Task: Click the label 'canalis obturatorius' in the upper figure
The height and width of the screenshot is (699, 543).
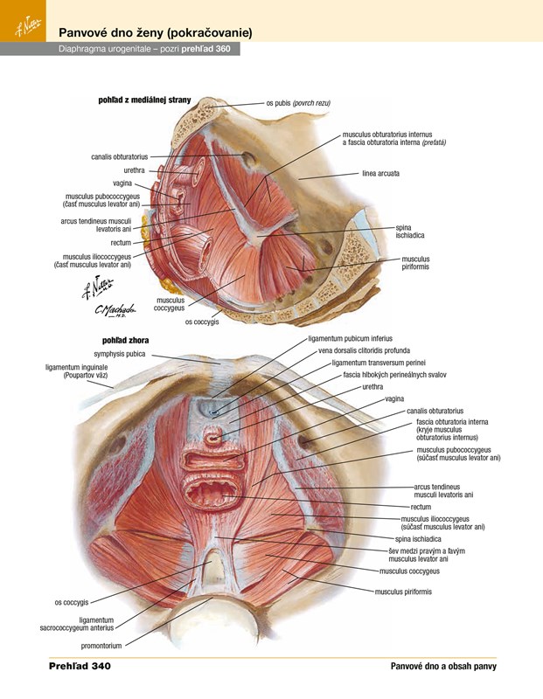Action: [x=119, y=157]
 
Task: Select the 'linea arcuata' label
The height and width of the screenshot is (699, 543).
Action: [x=380, y=174]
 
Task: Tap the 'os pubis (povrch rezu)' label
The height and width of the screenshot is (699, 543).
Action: [x=298, y=103]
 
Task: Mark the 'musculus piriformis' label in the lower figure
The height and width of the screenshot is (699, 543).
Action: [x=403, y=592]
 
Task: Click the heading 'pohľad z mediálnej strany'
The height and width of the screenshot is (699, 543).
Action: [x=144, y=100]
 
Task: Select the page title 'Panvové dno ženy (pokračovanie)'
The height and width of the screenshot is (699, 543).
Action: [x=155, y=32]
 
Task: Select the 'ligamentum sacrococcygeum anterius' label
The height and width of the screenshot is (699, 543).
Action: [x=77, y=623]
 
